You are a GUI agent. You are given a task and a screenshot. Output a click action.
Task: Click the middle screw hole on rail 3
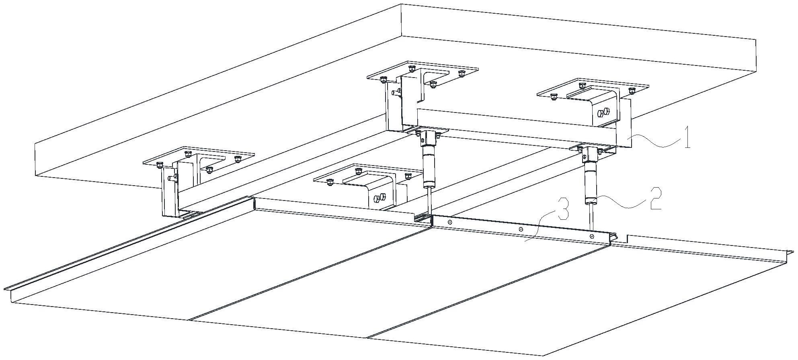521,229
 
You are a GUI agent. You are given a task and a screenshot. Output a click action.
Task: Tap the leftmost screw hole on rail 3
450,221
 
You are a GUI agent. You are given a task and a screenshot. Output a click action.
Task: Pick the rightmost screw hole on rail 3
591,236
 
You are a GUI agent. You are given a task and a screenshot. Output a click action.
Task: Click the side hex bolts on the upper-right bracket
603,113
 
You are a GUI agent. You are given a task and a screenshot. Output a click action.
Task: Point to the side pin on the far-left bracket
172,177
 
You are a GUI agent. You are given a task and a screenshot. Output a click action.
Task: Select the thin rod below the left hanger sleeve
429,201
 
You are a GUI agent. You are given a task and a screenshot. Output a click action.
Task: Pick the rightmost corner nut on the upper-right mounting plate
631,90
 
